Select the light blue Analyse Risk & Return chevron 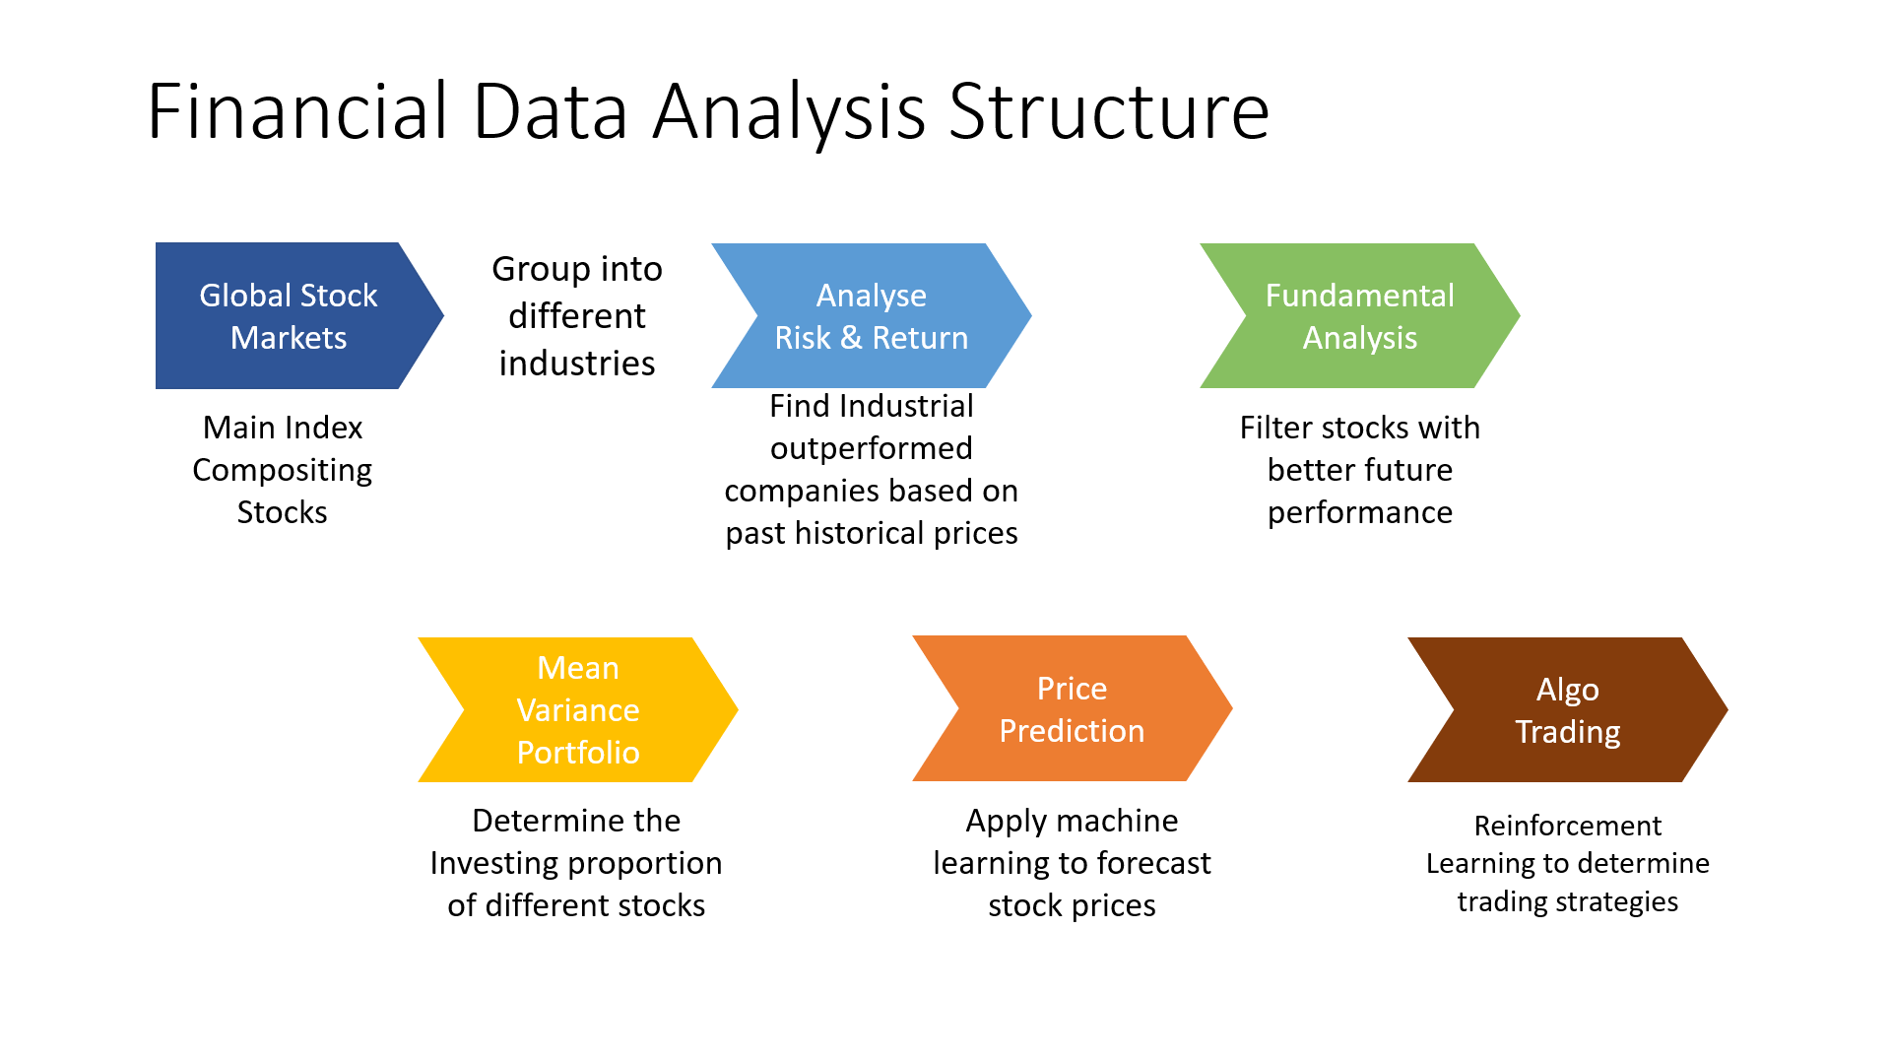tap(872, 315)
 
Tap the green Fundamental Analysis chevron tap(1360, 315)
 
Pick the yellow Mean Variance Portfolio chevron tap(578, 709)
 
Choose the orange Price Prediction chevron tap(1073, 708)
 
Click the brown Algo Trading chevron tap(1568, 709)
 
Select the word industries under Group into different tap(577, 364)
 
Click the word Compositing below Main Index tap(283, 471)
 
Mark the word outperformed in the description tap(872, 449)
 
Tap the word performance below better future tap(1360, 513)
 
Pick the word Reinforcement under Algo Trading tap(1568, 826)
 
